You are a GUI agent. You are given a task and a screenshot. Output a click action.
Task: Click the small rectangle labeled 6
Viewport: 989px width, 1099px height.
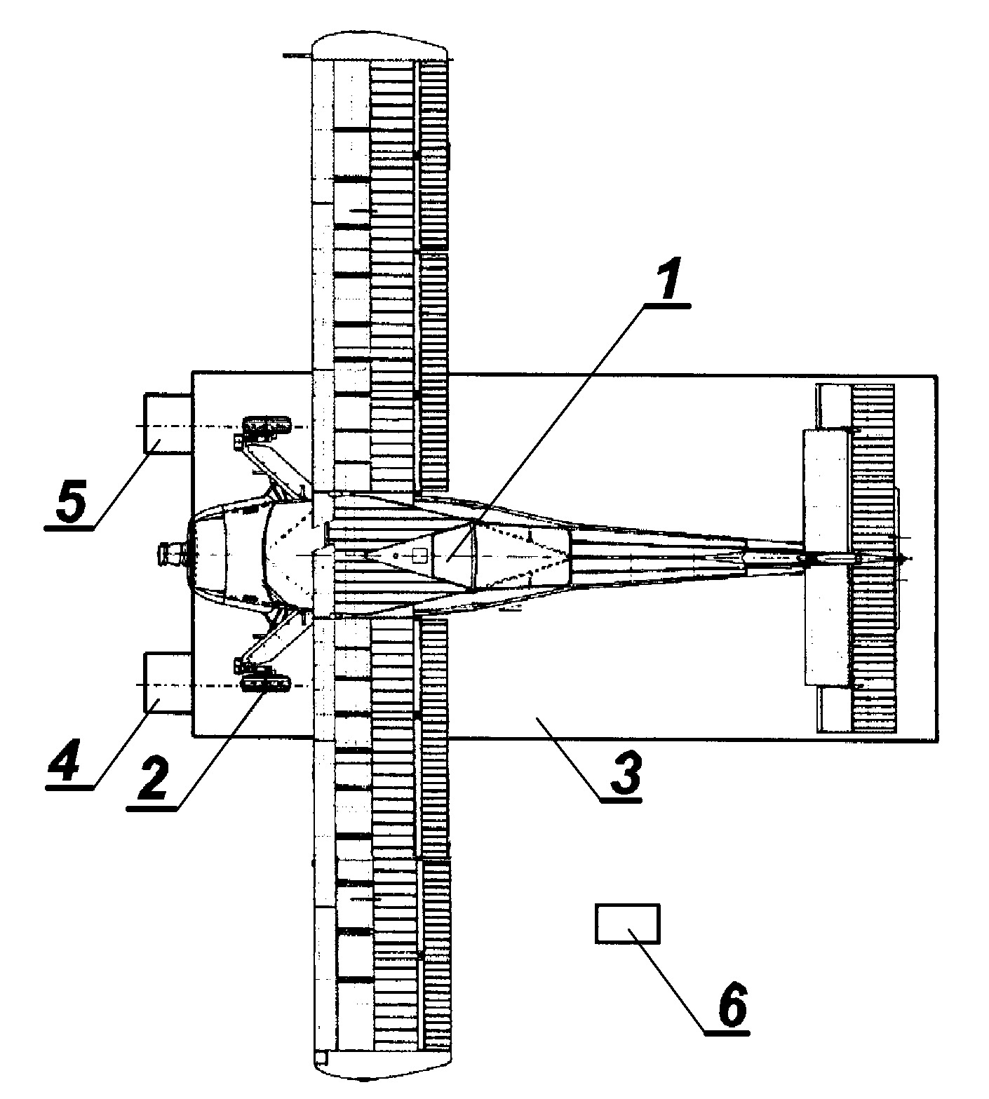(x=627, y=924)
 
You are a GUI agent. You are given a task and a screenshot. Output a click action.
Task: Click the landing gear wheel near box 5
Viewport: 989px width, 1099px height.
(x=267, y=424)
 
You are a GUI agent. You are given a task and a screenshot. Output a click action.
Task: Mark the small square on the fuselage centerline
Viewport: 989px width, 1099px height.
(x=419, y=555)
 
